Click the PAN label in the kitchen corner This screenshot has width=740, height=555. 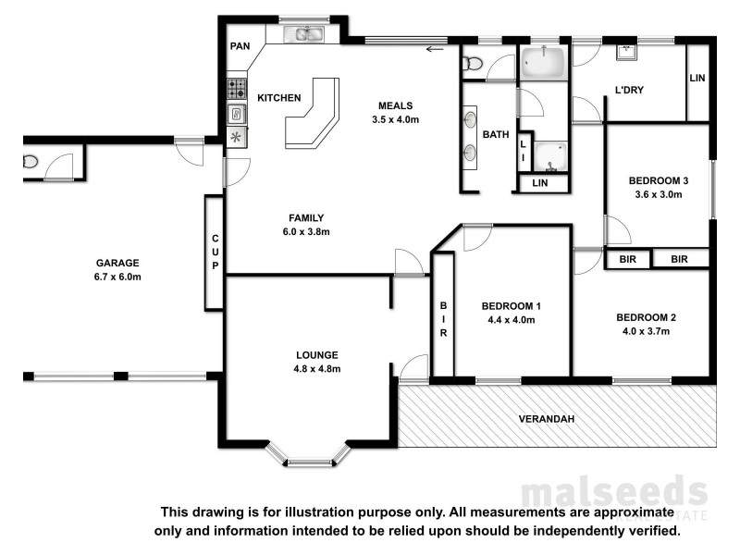pyautogui.click(x=240, y=45)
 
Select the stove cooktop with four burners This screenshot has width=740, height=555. pyautogui.click(x=236, y=90)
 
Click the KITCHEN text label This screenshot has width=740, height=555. pyautogui.click(x=278, y=98)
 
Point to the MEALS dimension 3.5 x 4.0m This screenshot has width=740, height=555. pyautogui.click(x=395, y=119)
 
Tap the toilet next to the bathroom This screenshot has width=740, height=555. pyautogui.click(x=472, y=63)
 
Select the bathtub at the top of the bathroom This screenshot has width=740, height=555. pyautogui.click(x=543, y=62)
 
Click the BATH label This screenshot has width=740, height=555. pyautogui.click(x=497, y=135)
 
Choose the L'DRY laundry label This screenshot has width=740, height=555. pyautogui.click(x=629, y=90)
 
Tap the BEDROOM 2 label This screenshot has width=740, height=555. pyautogui.click(x=647, y=317)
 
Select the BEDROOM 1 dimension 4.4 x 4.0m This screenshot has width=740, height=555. pyautogui.click(x=511, y=320)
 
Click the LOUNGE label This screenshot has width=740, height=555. pyautogui.click(x=317, y=354)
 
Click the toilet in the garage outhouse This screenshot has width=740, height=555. pyautogui.click(x=31, y=163)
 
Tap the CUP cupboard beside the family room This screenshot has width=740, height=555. pyautogui.click(x=215, y=252)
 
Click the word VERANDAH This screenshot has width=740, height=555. pyautogui.click(x=546, y=419)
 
